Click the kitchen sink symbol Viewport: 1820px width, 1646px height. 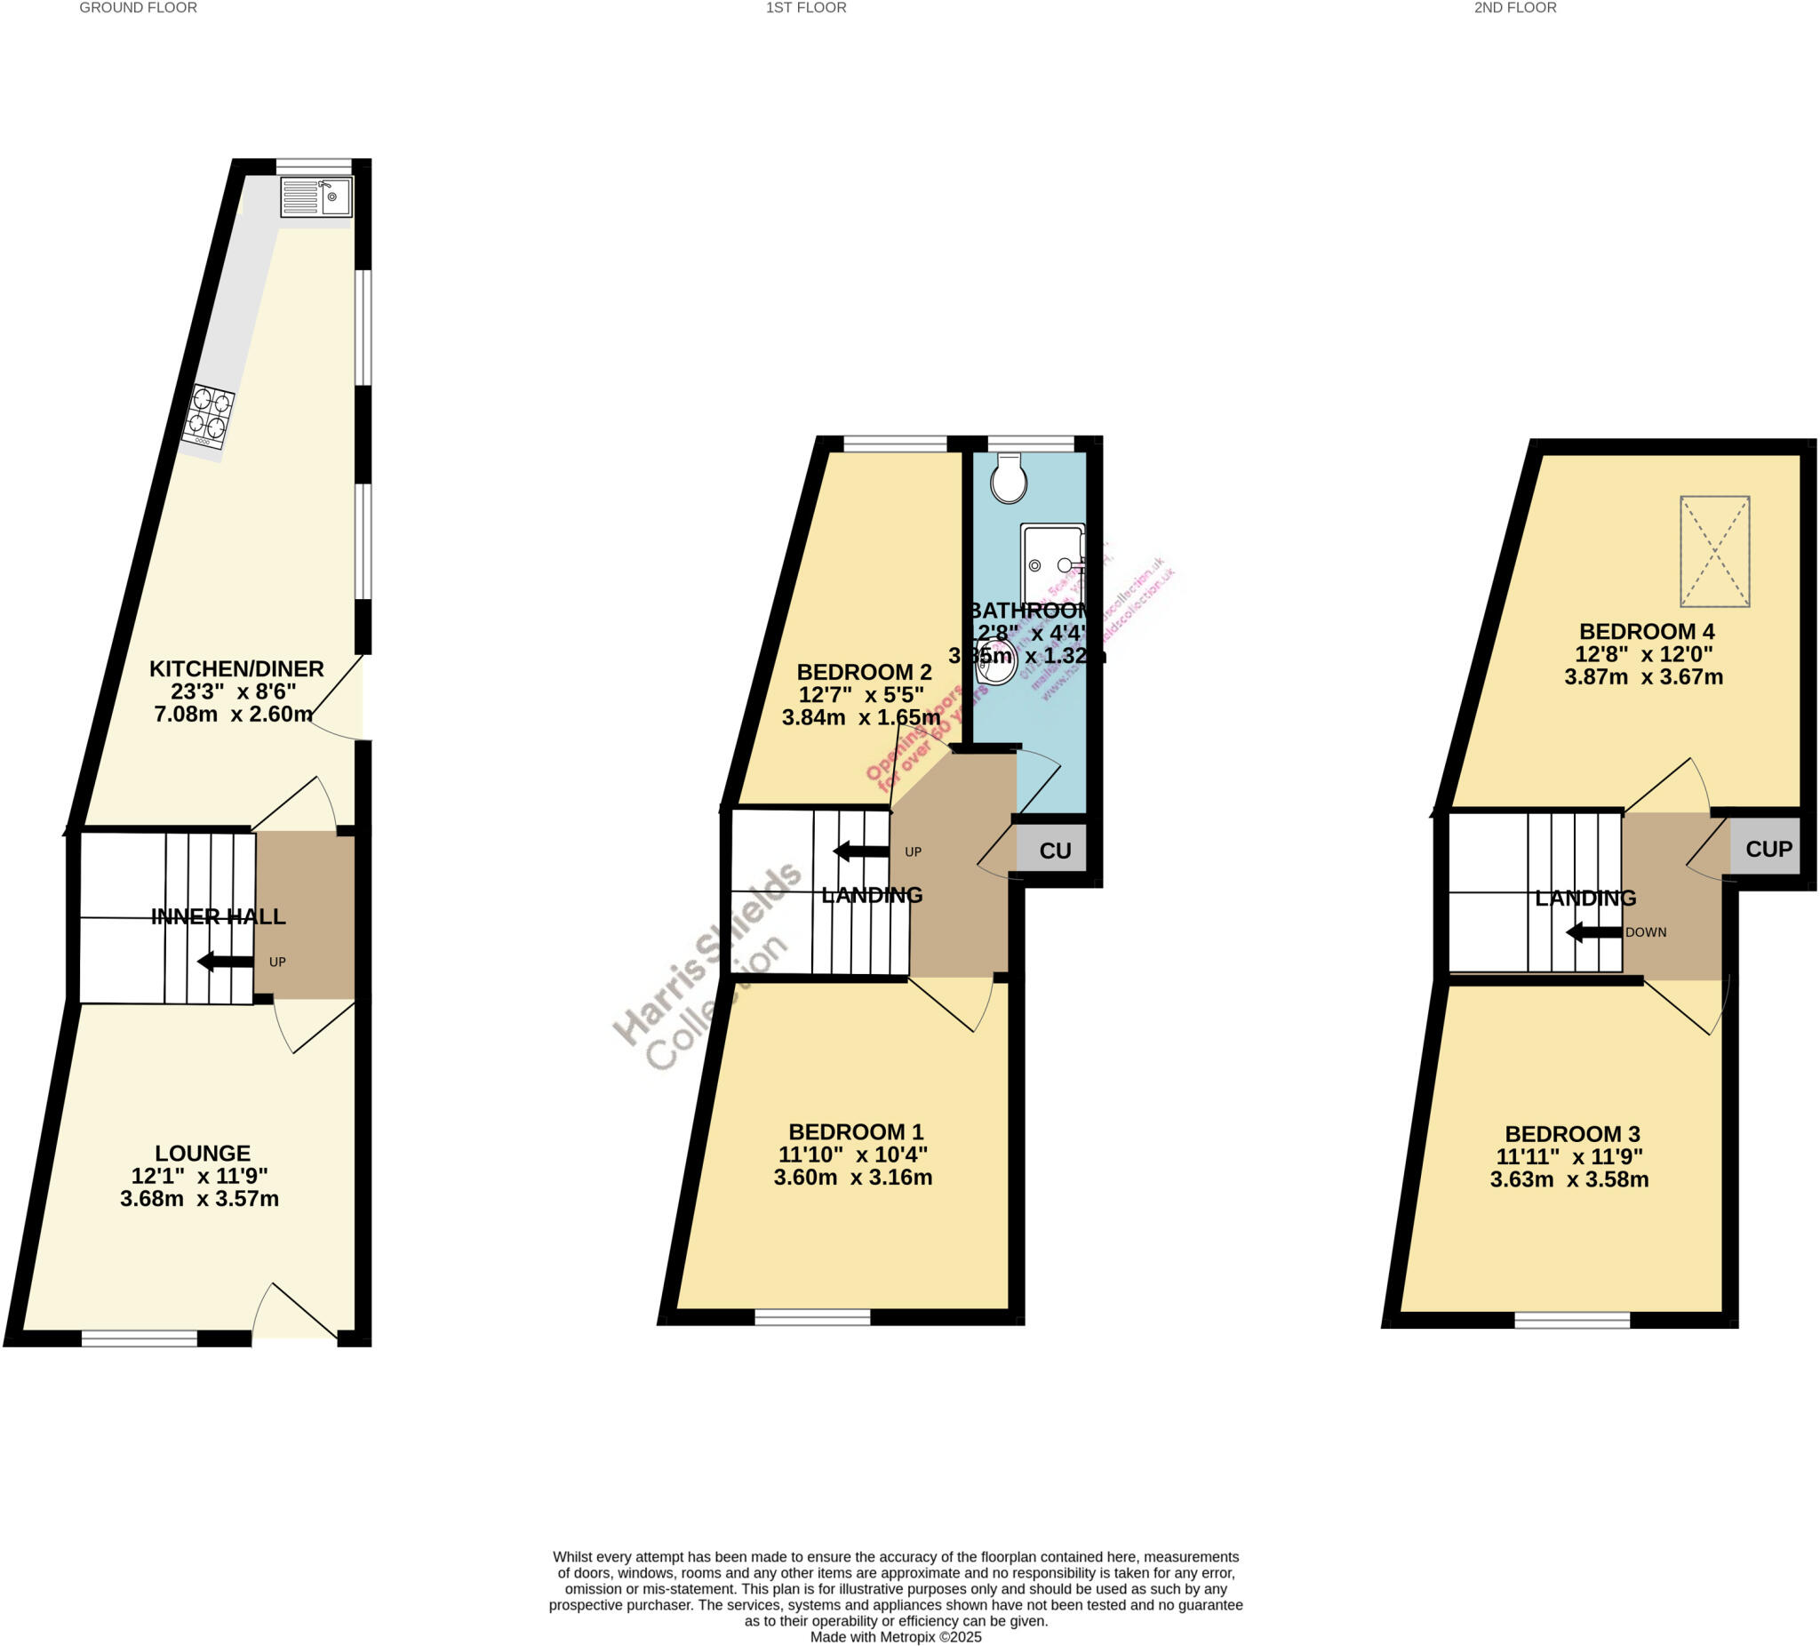coord(316,196)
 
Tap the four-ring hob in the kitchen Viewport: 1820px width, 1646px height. coord(209,417)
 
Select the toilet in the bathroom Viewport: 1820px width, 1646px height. coord(1009,478)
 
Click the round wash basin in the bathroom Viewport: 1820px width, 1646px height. coord(994,662)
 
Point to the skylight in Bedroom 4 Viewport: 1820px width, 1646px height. coord(1714,551)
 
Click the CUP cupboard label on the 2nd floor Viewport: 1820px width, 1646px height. coord(1768,849)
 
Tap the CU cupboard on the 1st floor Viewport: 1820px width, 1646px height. coord(1054,851)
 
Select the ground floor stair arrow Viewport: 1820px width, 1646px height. coord(225,962)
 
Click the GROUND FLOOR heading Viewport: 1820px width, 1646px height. coord(138,8)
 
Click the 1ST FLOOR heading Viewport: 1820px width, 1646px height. coord(806,8)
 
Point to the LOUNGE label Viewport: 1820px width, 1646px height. coord(203,1153)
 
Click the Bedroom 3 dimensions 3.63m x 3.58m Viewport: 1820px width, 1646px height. coord(1569,1179)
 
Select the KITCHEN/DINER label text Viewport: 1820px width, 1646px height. coord(235,669)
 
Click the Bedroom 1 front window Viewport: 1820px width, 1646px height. coord(812,1318)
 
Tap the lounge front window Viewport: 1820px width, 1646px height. coord(139,1339)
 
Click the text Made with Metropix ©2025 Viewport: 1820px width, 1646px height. coord(896,1637)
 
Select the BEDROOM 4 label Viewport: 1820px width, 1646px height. coord(1646,631)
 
